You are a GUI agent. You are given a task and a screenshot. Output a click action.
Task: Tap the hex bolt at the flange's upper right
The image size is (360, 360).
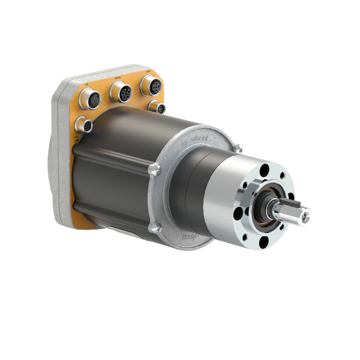[238, 149]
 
